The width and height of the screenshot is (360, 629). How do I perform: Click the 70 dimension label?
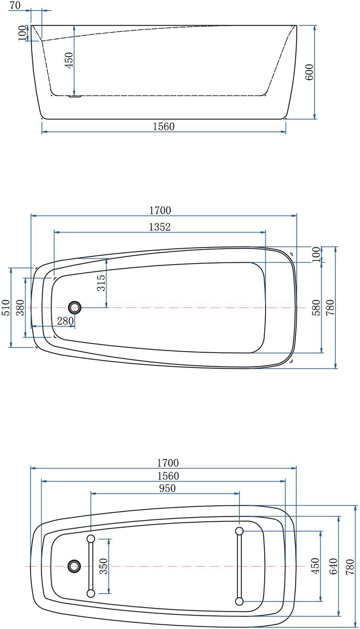pos(15,5)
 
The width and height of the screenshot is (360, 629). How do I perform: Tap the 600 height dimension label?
pos(309,72)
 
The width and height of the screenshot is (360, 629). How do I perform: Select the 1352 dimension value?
pos(160,227)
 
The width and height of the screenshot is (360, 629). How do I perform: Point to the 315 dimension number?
pos(101,283)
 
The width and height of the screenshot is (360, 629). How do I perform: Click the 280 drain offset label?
pos(66,320)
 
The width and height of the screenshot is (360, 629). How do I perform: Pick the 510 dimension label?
pos(6,308)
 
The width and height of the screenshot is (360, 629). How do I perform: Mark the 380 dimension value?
pos(21,308)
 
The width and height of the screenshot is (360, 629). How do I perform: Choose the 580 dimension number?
pos(316,308)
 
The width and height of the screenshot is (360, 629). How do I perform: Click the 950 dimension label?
pos(167,488)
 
